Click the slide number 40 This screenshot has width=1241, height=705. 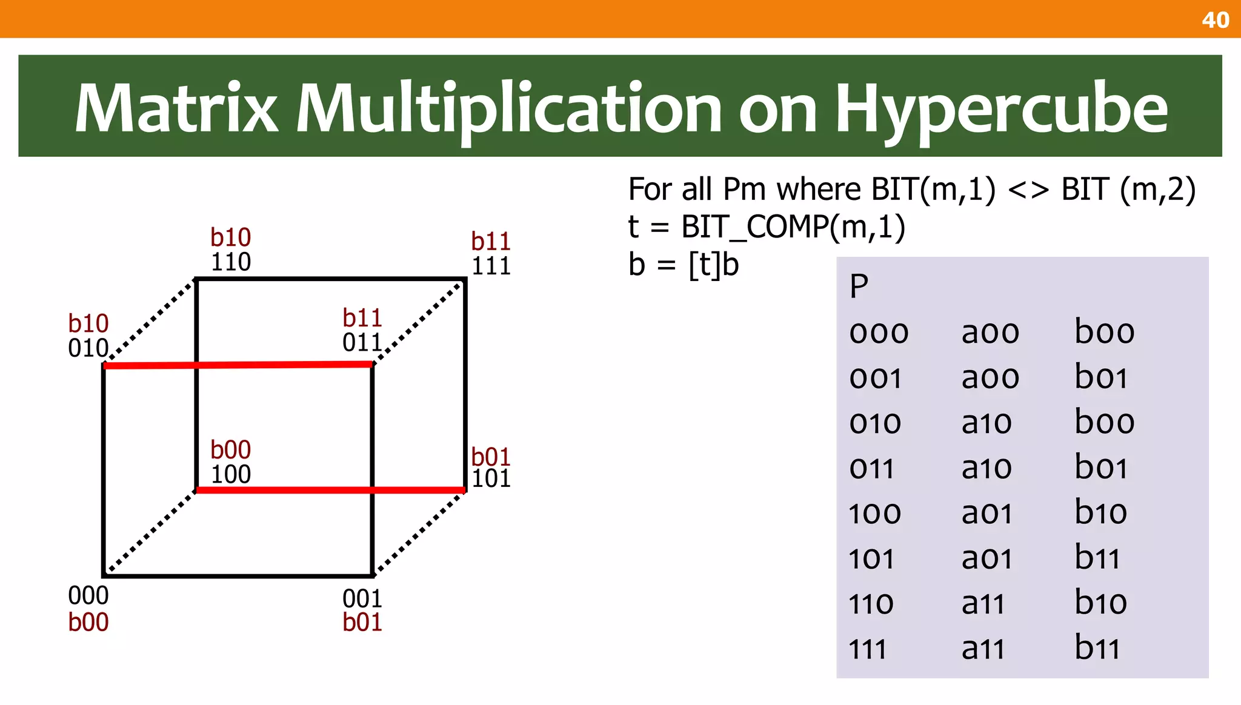pos(1215,20)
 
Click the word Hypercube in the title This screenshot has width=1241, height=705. pos(1001,108)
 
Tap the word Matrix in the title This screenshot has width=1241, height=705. pos(176,108)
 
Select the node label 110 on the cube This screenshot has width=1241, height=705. pos(230,262)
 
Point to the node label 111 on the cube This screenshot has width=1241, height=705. pos(491,266)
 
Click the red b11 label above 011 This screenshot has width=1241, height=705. pos(362,318)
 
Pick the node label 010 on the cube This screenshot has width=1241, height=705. pos(88,348)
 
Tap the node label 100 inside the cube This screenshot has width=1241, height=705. pos(230,474)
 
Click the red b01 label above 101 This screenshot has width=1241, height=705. pos(491,456)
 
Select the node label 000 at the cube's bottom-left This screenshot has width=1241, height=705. pos(88,596)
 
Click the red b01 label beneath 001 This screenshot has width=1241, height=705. pos(362,623)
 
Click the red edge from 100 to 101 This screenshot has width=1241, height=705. pos(330,490)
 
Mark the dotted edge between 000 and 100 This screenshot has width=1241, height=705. pos(150,531)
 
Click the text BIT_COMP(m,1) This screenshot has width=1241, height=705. pos(793,227)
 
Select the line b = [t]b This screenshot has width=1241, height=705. pos(684,265)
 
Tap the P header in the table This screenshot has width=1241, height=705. pos(859,286)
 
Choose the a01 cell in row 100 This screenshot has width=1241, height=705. pos(986,513)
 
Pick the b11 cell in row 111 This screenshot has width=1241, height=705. pos(1097,648)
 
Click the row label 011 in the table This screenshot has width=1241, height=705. pos(871,468)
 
